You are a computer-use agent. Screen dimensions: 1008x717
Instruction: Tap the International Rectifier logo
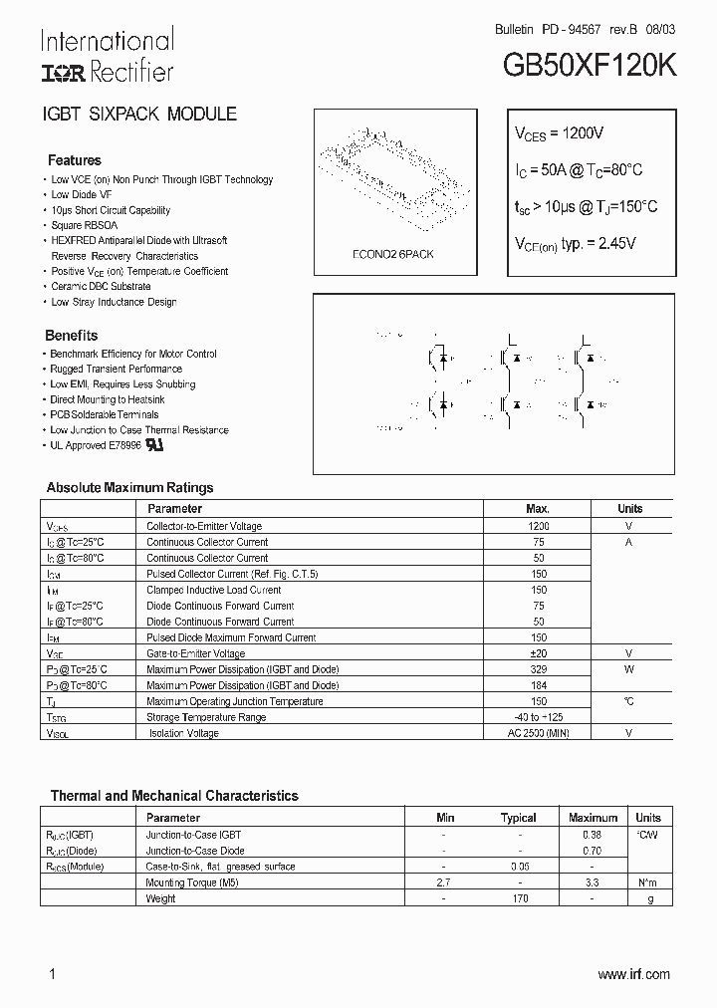tap(107, 56)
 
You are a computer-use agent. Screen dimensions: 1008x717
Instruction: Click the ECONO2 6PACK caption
tap(392, 254)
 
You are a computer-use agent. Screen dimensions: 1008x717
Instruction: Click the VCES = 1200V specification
tap(559, 133)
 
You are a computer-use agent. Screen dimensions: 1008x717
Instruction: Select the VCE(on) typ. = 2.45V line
tap(575, 243)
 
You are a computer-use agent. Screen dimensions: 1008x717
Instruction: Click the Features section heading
tap(75, 160)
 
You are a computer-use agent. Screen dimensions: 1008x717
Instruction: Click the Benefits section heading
tap(72, 336)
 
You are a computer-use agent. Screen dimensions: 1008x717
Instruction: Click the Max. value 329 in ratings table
tap(538, 669)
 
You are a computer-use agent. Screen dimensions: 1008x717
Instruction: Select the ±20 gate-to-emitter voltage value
tap(538, 653)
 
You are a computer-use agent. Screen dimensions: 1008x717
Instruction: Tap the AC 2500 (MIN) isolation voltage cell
tap(538, 733)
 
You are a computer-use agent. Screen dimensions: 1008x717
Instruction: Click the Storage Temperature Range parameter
tap(206, 717)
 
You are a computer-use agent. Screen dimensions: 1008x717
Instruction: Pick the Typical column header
tap(518, 818)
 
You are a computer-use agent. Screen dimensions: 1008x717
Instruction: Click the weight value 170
tap(518, 898)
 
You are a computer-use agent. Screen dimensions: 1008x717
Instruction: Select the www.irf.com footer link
tap(634, 974)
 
